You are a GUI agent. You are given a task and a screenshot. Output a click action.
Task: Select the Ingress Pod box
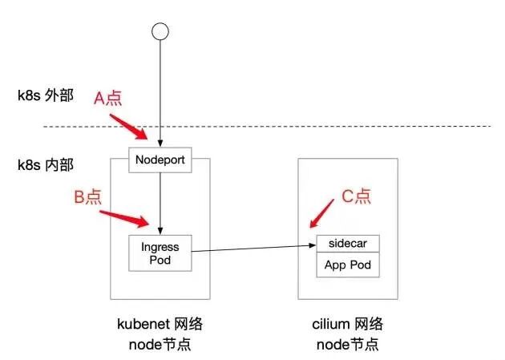(160, 253)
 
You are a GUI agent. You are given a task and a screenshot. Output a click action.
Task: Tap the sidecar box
(347, 244)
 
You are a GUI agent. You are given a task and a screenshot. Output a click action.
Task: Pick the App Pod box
(347, 265)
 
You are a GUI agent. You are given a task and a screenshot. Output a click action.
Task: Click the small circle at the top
(160, 31)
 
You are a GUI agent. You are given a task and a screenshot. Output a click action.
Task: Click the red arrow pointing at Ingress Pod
(124, 217)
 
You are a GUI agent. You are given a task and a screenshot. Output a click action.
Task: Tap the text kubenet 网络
(160, 324)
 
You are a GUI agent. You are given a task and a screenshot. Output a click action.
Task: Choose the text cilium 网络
(347, 324)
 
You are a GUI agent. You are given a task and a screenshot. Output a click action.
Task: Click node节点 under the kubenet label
(160, 345)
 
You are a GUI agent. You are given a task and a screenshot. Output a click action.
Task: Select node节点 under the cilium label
(347, 345)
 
